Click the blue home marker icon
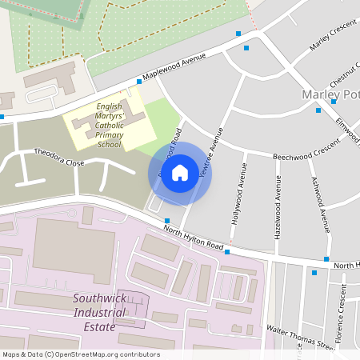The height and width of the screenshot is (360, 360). pyautogui.click(x=180, y=172)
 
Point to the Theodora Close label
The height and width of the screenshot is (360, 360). pyautogui.click(x=58, y=157)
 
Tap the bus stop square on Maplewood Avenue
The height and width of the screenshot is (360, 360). pyautogui.click(x=139, y=82)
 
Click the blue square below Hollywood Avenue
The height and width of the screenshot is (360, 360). pyautogui.click(x=228, y=252)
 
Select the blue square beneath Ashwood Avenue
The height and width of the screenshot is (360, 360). pyautogui.click(x=326, y=258)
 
